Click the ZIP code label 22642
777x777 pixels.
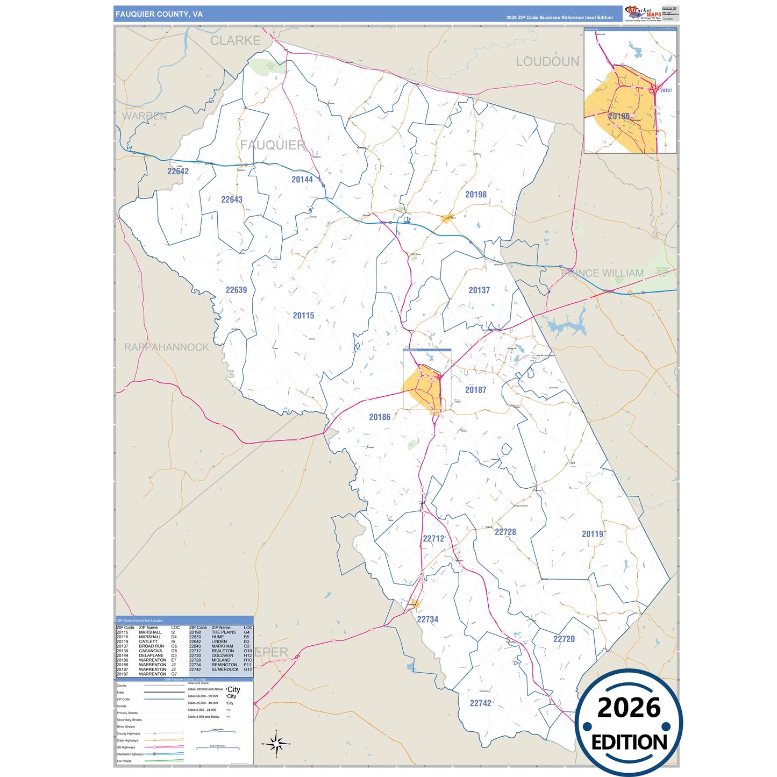coord(178,171)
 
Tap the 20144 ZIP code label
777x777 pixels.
coord(302,180)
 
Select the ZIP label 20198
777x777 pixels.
coord(476,195)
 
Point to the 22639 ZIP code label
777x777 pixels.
coord(236,290)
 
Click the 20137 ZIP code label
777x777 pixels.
coord(479,290)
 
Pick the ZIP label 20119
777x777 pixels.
coord(593,534)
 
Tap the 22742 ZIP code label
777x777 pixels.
coord(480,703)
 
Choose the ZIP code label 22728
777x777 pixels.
coord(505,532)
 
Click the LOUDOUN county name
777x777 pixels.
coord(547,62)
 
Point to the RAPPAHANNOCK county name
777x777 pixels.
coord(167,347)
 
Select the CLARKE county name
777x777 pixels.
coord(236,41)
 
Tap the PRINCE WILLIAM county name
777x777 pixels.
coord(602,273)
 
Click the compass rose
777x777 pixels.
coord(276,744)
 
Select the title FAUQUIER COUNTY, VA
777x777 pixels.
coord(159,15)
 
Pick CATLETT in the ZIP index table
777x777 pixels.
coord(148,641)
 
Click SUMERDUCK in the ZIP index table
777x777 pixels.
coord(225,669)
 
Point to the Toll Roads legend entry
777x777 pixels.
coord(124,761)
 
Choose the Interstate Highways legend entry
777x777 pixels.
coord(130,754)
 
